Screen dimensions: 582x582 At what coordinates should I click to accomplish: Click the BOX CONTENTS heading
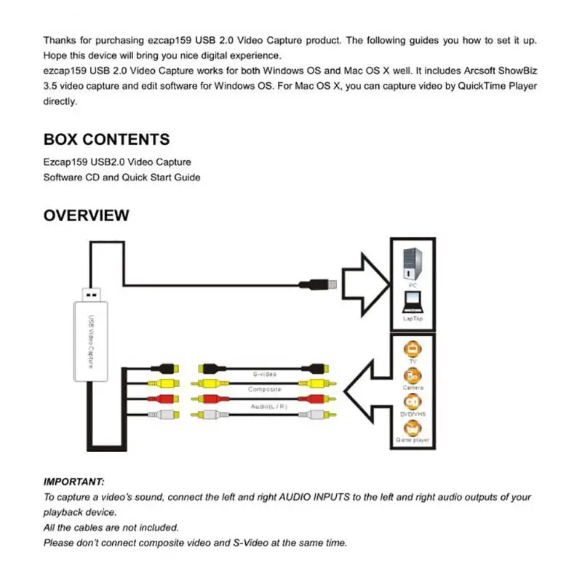tap(106, 140)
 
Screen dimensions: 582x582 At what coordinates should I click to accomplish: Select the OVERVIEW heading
tap(87, 215)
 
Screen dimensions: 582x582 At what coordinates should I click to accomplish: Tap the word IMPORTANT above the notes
tap(73, 482)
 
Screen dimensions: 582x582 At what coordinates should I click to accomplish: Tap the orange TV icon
tap(412, 347)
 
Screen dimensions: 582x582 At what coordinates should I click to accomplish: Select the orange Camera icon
tap(412, 375)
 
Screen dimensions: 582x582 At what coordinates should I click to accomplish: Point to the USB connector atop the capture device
tap(89, 295)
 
